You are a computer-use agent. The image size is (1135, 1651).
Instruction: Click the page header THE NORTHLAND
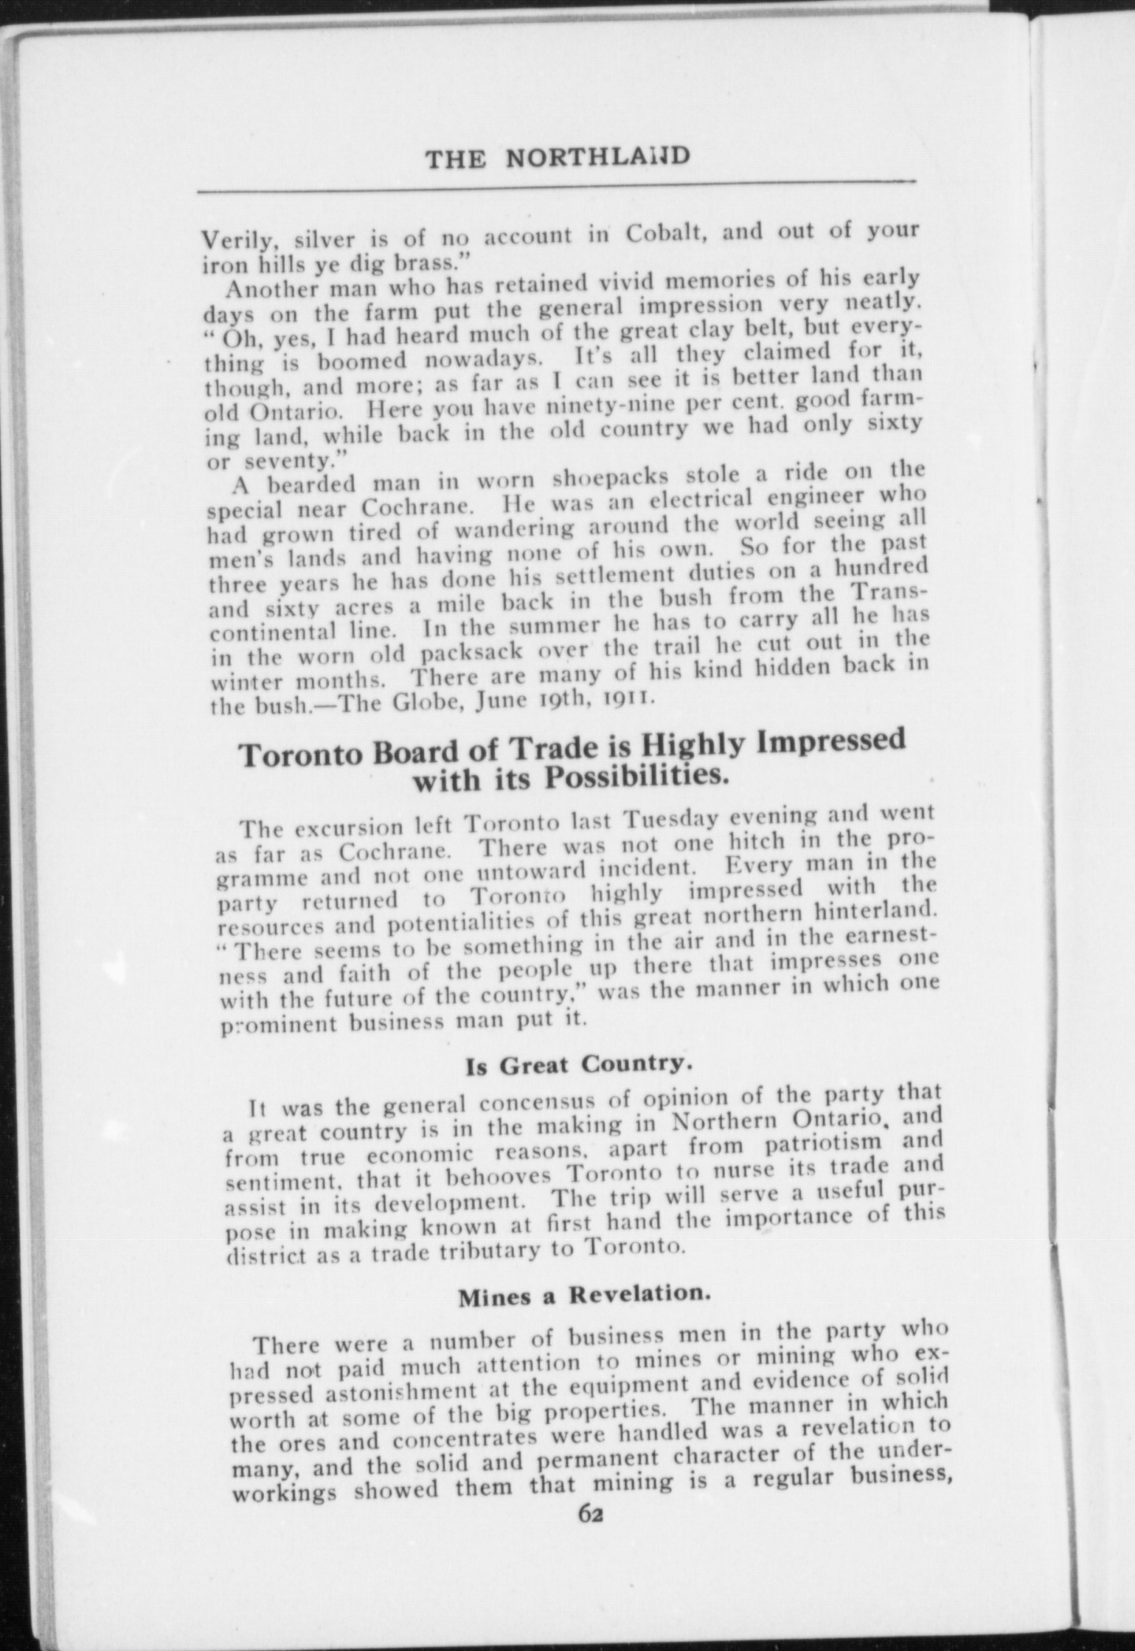tap(557, 158)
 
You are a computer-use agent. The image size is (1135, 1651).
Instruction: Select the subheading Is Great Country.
tap(578, 1065)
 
